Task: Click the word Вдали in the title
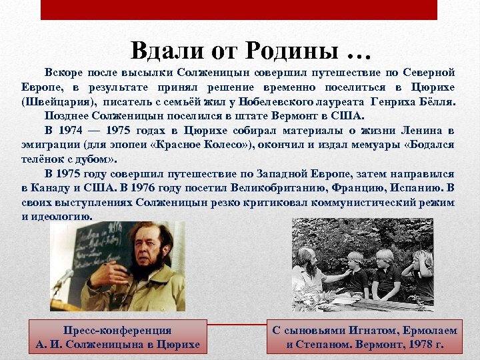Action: coord(159,49)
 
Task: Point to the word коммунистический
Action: coord(341,202)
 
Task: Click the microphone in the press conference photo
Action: coord(63,278)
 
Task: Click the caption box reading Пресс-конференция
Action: coord(117,337)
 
